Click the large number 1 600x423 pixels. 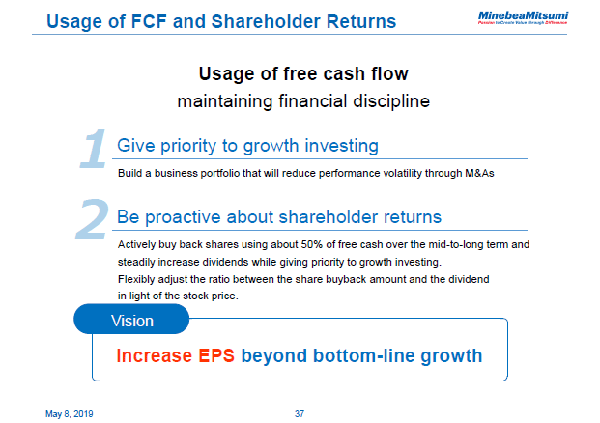point(93,150)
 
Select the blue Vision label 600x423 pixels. point(132,321)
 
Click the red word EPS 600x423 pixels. point(216,355)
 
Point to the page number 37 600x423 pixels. point(300,413)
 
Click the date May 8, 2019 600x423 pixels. point(70,413)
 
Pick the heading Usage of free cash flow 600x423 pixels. point(303,74)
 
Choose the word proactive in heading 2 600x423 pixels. point(186,216)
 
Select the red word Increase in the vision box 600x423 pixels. point(155,355)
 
